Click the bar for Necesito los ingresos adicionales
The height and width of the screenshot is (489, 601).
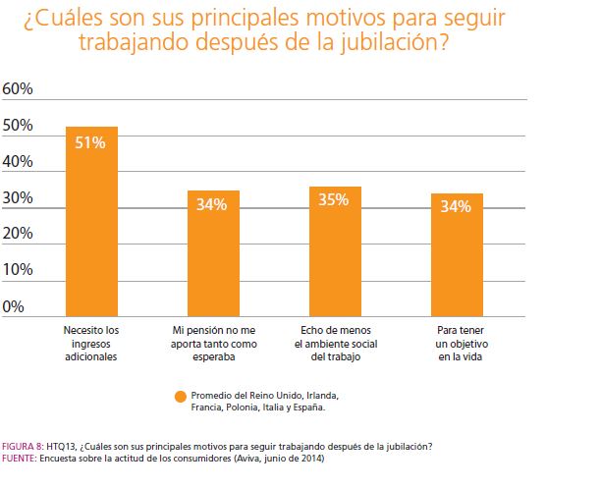tap(91, 221)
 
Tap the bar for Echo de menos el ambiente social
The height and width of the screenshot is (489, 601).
tap(335, 251)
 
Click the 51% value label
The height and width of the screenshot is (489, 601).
tap(90, 141)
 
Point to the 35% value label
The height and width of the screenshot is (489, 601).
tap(335, 200)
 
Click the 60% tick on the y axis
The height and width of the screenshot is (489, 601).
tap(19, 89)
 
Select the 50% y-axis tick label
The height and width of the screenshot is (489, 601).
tap(19, 126)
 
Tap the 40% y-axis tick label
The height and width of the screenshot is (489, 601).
tap(19, 162)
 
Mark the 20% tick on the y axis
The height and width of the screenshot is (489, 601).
tap(19, 234)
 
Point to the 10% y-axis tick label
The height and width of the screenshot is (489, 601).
tap(19, 270)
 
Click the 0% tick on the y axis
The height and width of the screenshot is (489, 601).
tap(15, 306)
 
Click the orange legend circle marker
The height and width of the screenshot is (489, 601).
tap(180, 396)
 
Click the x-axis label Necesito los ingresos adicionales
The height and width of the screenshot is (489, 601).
tap(91, 344)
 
